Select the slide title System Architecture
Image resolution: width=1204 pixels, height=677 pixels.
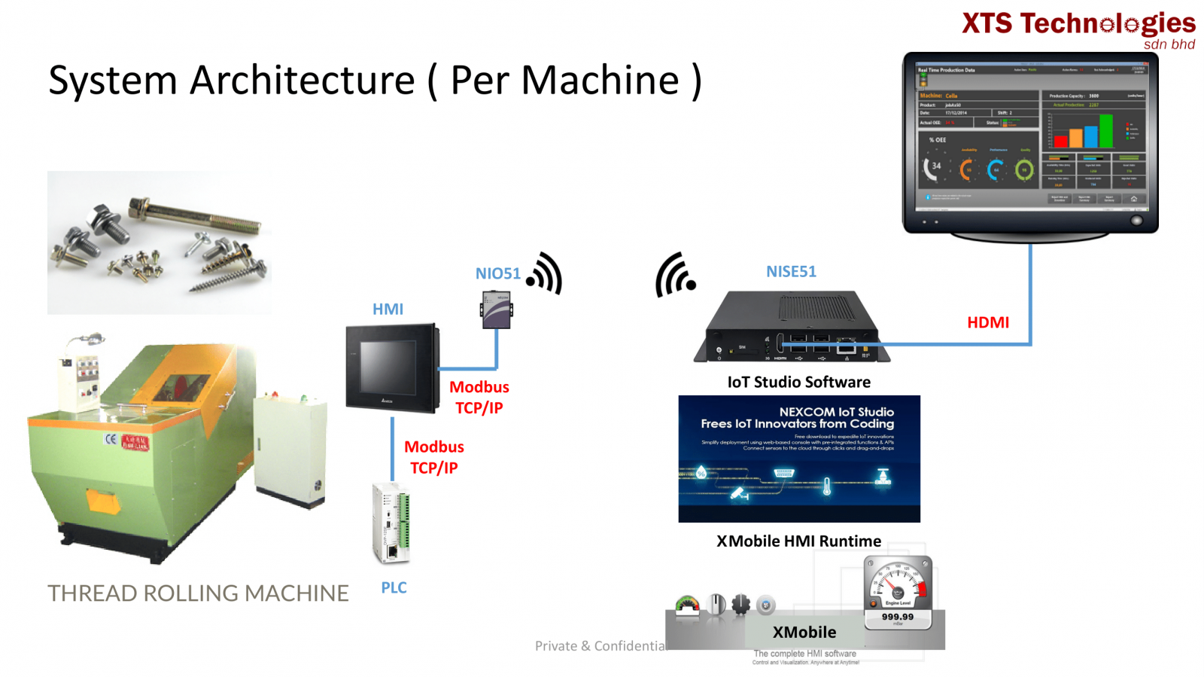coord(375,81)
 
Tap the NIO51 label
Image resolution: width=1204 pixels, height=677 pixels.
coord(497,273)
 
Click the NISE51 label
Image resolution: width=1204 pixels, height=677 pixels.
coord(791,272)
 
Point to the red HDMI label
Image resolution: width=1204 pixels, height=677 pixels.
coord(987,322)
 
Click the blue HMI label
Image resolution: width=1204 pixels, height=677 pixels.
coord(388,309)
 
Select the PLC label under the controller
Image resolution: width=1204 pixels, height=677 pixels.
coord(394,587)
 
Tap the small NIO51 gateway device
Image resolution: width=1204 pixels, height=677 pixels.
coord(496,310)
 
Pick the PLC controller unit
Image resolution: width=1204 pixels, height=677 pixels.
coord(391,523)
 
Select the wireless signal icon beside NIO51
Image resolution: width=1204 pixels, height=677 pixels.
coord(546,273)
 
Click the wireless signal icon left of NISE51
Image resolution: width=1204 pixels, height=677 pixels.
coord(674,275)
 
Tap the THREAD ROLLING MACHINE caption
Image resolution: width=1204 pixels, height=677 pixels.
coord(198,593)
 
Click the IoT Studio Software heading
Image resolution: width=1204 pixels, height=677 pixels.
coord(798,382)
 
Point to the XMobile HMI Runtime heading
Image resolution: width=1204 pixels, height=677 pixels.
coord(798,541)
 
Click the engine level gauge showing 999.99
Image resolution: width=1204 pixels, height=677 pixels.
coord(898,592)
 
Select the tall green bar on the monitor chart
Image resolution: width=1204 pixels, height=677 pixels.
coord(1105,130)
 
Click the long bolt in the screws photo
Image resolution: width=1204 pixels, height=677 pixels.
coord(195,215)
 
